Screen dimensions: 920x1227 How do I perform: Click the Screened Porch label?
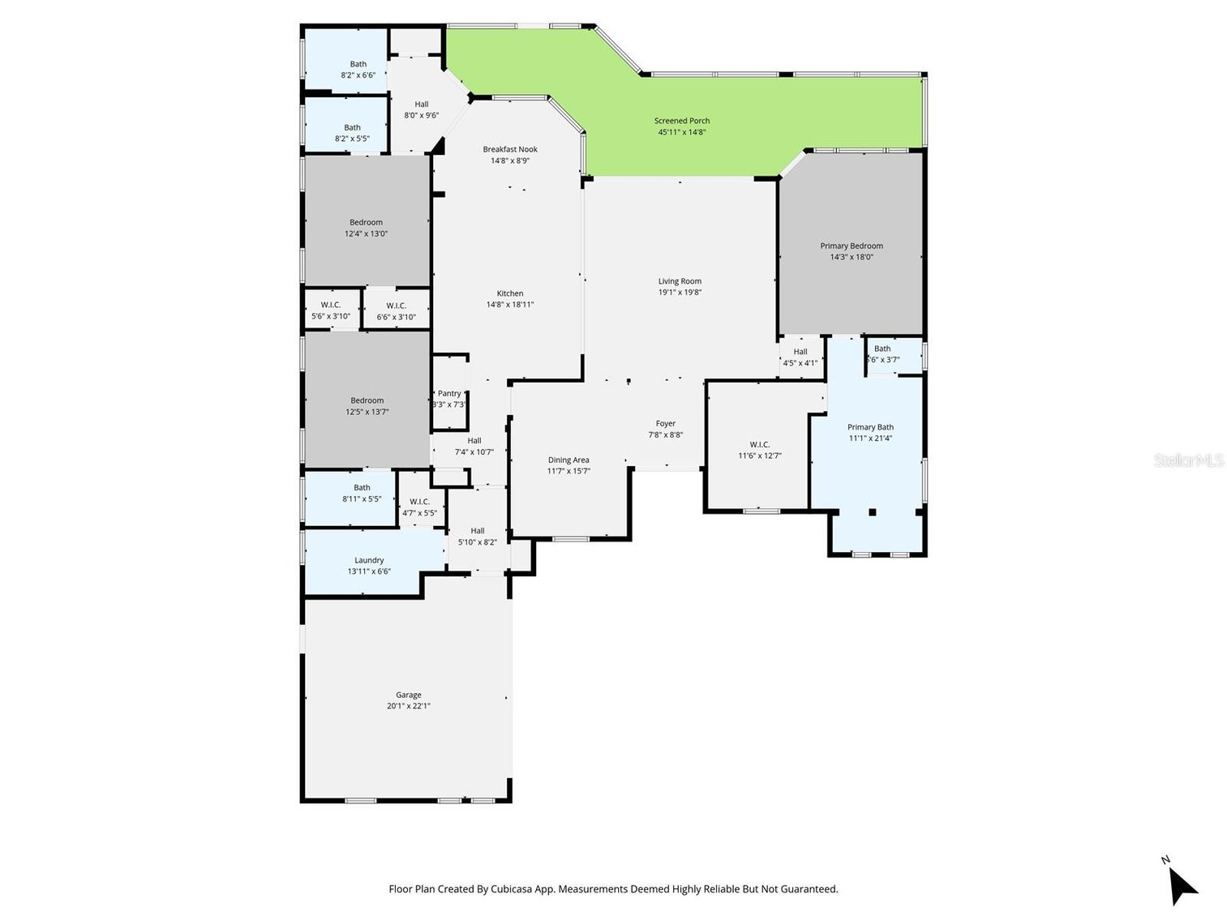pyautogui.click(x=681, y=121)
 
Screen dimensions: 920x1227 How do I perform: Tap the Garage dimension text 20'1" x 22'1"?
pyautogui.click(x=408, y=706)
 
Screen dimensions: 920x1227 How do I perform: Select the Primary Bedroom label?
pyautogui.click(x=851, y=246)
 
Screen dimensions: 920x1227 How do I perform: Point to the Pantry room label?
pyautogui.click(x=449, y=393)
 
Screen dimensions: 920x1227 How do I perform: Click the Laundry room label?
pyautogui.click(x=369, y=560)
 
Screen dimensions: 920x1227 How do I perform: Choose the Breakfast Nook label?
pyautogui.click(x=510, y=149)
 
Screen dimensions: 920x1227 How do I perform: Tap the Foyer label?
pyautogui.click(x=665, y=423)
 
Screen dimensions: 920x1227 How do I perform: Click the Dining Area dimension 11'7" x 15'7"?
pyautogui.click(x=568, y=471)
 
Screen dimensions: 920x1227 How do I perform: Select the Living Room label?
pyautogui.click(x=680, y=281)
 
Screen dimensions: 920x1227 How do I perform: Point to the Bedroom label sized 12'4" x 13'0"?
pyautogui.click(x=366, y=222)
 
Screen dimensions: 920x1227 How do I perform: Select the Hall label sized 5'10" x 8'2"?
pyautogui.click(x=477, y=531)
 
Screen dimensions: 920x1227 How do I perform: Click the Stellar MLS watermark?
pyautogui.click(x=1188, y=460)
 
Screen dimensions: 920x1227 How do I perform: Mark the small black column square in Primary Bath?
pyautogui.click(x=873, y=511)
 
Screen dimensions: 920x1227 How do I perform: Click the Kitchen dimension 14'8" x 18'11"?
pyautogui.click(x=509, y=305)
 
